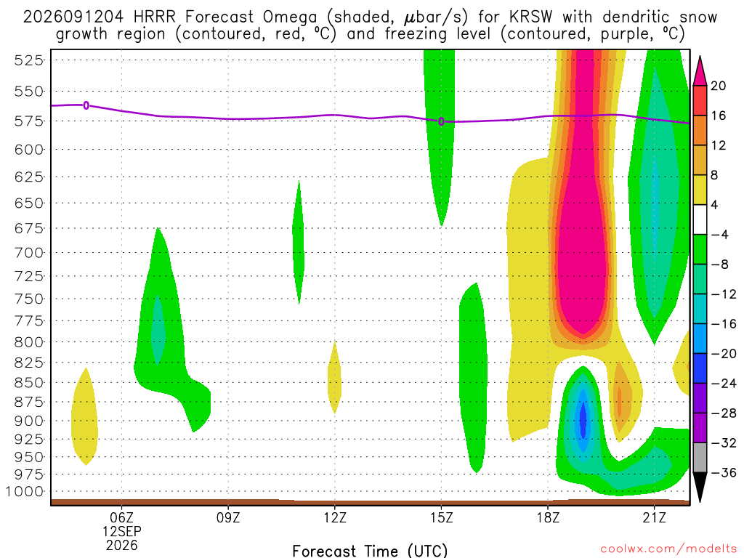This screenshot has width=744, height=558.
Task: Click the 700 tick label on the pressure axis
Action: (28, 253)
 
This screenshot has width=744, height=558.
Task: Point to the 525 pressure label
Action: (28, 60)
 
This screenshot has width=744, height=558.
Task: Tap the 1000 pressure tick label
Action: (25, 492)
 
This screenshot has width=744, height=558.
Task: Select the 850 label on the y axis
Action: (28, 382)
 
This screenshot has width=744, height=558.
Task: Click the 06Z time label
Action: (122, 517)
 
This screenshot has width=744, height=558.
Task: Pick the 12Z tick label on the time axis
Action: (335, 517)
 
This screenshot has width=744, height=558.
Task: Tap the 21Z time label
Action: (655, 517)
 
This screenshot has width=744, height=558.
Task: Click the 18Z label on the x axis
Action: (548, 517)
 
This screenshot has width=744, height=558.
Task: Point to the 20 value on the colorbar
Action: (719, 86)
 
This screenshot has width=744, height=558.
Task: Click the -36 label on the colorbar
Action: (724, 472)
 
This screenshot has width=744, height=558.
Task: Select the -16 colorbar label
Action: (724, 324)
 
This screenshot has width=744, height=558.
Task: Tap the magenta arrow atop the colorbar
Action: (700, 71)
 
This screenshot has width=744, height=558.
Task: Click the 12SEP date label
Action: (122, 531)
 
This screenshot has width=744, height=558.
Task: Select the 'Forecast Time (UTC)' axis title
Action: (370, 551)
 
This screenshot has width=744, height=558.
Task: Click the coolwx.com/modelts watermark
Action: (668, 549)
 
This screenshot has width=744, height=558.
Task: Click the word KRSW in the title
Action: (531, 17)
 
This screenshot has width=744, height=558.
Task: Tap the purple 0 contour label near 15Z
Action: (441, 121)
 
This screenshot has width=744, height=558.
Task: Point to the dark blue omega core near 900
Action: (583, 418)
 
